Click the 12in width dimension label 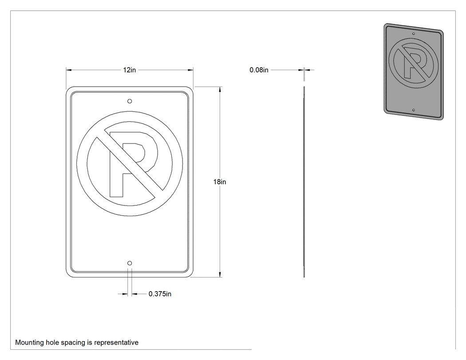click(129, 70)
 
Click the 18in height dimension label click(220, 182)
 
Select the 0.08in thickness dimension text click(259, 70)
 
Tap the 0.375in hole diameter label click(160, 294)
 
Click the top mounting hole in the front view click(130, 101)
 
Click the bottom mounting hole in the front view click(130, 263)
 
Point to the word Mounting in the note click(29, 342)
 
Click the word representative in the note click(116, 342)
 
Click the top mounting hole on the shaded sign click(414, 34)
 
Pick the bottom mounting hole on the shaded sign click(413, 110)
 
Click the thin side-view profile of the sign click(304, 182)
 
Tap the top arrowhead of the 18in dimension click(220, 90)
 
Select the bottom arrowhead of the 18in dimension click(220, 274)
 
